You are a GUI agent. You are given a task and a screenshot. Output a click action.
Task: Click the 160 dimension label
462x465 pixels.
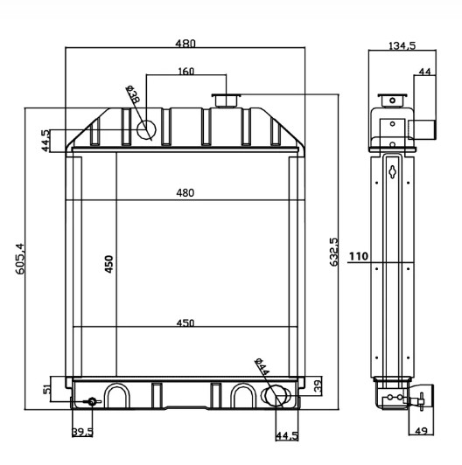185,72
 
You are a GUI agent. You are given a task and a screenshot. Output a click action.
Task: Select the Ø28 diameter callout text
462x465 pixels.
133,95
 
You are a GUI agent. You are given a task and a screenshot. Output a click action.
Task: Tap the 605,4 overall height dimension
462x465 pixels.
19,260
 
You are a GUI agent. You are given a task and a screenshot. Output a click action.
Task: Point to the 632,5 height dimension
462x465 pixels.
332,253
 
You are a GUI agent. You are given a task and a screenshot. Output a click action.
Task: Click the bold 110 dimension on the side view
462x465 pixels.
358,256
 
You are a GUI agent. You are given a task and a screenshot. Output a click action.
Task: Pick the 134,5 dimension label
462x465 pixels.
402,45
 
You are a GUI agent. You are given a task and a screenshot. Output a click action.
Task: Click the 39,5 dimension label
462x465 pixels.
82,432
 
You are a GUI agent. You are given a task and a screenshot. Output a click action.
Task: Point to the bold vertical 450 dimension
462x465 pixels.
109,264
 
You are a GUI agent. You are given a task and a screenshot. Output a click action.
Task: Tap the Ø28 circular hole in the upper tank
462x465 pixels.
145,130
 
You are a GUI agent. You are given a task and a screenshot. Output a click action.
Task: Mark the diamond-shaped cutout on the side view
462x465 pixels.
394,171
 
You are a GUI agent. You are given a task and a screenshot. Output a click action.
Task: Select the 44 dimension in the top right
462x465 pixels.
423,72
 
